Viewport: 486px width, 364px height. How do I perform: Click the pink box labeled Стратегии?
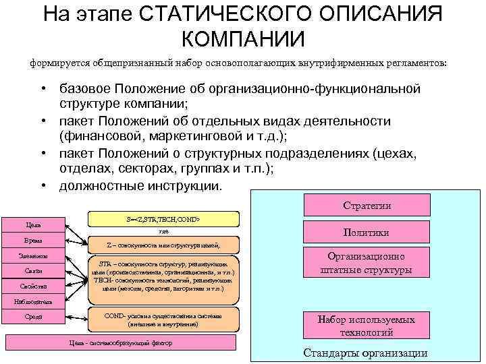pyautogui.click(x=367, y=206)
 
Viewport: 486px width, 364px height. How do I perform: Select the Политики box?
pyautogui.click(x=366, y=233)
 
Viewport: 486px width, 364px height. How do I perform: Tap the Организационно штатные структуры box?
pyautogui.click(x=366, y=264)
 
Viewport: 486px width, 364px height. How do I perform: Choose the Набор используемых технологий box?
pyautogui.click(x=366, y=326)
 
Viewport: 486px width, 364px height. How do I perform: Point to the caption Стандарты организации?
pyautogui.click(x=365, y=354)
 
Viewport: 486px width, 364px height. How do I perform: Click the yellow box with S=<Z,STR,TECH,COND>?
pyautogui.click(x=163, y=219)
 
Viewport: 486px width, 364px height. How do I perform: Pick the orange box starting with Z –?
pyautogui.click(x=163, y=245)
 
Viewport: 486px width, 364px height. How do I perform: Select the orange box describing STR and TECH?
pyautogui.click(x=163, y=276)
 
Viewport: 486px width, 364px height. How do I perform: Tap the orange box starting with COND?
pyautogui.click(x=163, y=320)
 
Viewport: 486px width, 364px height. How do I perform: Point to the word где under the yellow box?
pyautogui.click(x=163, y=231)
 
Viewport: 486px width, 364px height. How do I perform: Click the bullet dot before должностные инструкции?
pyautogui.click(x=43, y=185)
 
